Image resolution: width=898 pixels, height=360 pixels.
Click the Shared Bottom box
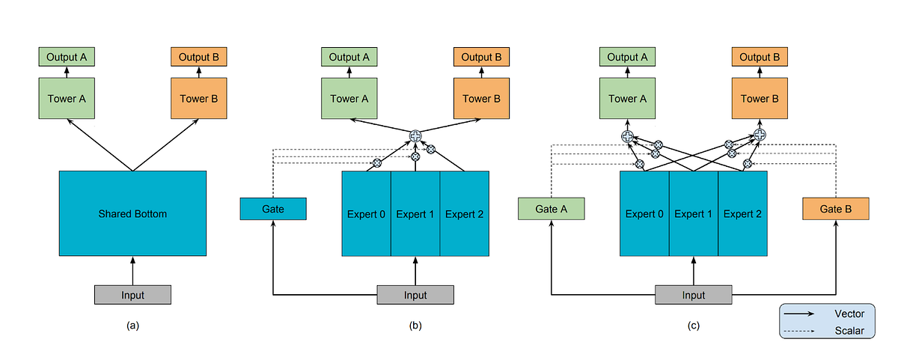click(x=132, y=214)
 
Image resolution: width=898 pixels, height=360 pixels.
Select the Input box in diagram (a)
click(x=132, y=295)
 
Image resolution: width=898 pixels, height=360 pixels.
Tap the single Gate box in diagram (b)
click(x=273, y=209)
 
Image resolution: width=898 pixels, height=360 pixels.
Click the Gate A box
click(x=551, y=209)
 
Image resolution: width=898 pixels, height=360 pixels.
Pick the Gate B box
click(x=835, y=209)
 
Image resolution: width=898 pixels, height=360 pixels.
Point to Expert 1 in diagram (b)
click(x=415, y=214)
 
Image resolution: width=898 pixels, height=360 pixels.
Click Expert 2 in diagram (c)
click(x=742, y=214)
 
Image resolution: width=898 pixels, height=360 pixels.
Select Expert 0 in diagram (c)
click(x=644, y=214)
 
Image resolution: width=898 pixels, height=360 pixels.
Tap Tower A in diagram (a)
click(x=67, y=99)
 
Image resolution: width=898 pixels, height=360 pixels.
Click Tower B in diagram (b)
click(x=477, y=99)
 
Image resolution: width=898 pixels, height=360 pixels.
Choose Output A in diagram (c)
click(x=627, y=57)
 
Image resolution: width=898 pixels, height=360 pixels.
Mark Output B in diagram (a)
click(x=198, y=57)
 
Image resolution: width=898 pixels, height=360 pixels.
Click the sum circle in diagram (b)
click(x=416, y=135)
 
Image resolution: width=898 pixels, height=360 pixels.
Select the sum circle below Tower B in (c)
click(x=760, y=135)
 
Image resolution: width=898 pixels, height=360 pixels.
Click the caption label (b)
click(x=415, y=326)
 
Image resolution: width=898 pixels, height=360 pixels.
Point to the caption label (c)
click(x=694, y=326)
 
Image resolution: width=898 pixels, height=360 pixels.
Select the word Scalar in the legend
click(x=849, y=330)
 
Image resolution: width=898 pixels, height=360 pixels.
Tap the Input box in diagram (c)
click(x=694, y=295)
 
